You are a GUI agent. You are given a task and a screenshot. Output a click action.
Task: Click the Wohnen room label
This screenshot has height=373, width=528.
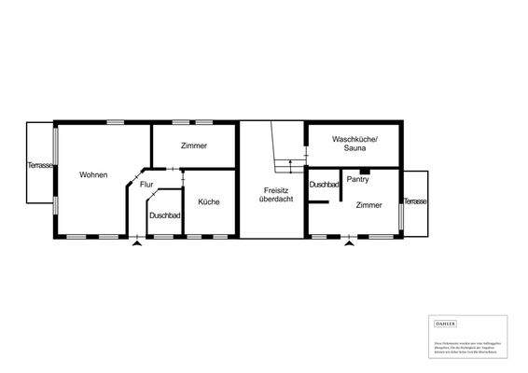[93, 174]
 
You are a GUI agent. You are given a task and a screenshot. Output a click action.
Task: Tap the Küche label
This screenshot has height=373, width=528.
[208, 201]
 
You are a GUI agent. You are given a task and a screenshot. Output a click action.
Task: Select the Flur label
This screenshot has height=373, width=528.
[146, 185]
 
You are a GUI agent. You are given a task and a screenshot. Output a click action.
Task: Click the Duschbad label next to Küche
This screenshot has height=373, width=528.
[164, 215]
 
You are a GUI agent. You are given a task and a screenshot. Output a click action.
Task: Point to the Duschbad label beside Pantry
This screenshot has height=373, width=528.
[324, 185]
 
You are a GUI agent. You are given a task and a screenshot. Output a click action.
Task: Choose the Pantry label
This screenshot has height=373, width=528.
[357, 179]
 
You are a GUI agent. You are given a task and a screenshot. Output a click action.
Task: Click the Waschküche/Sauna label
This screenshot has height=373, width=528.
[354, 144]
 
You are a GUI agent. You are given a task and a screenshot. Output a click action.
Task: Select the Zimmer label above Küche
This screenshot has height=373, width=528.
[193, 146]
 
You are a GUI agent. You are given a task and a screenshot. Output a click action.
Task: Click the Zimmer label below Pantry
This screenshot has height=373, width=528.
[368, 205]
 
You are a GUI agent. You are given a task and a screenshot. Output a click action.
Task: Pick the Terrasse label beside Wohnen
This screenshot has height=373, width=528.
[40, 165]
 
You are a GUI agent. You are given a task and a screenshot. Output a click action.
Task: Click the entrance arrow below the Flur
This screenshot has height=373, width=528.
[137, 242]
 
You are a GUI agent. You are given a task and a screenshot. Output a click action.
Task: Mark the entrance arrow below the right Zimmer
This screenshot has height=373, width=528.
[349, 242]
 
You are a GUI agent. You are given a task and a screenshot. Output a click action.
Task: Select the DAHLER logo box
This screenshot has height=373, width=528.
[446, 323]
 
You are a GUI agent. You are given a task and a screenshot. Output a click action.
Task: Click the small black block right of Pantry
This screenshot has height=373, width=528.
[365, 172]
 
